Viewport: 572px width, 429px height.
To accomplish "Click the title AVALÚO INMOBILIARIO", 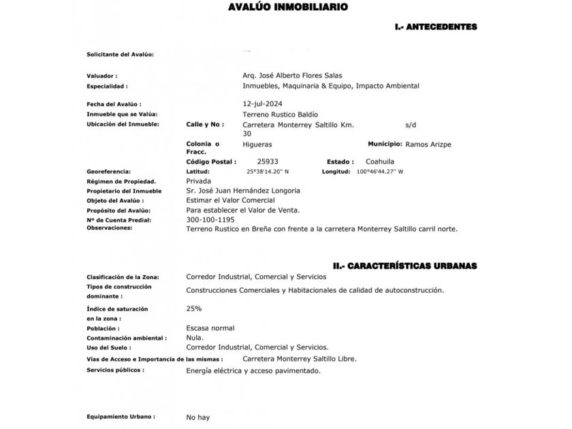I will point(288,7).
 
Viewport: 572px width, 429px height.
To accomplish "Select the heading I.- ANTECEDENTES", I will point(436,27).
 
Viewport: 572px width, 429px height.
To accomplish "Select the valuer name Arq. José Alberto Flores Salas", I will point(292,76).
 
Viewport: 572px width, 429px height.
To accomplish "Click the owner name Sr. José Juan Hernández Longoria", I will point(242,191).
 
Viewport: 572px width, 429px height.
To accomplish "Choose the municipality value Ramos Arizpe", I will point(428,144).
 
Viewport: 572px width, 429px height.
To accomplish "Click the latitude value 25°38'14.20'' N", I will point(268,172).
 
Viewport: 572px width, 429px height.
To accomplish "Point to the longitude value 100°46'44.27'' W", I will point(380,172).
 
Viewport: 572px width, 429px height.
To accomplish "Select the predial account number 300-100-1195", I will point(210,220).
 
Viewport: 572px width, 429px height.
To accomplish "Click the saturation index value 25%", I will point(193,308).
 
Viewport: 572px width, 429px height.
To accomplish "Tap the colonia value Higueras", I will point(257,144).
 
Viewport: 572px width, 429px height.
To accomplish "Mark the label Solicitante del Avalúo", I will point(120,54).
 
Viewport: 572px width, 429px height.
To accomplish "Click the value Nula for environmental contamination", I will point(195,338).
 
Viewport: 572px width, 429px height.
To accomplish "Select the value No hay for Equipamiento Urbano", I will point(197,417).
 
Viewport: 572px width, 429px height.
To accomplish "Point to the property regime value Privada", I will point(198,182).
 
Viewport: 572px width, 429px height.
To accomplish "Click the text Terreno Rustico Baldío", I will point(280,114).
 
